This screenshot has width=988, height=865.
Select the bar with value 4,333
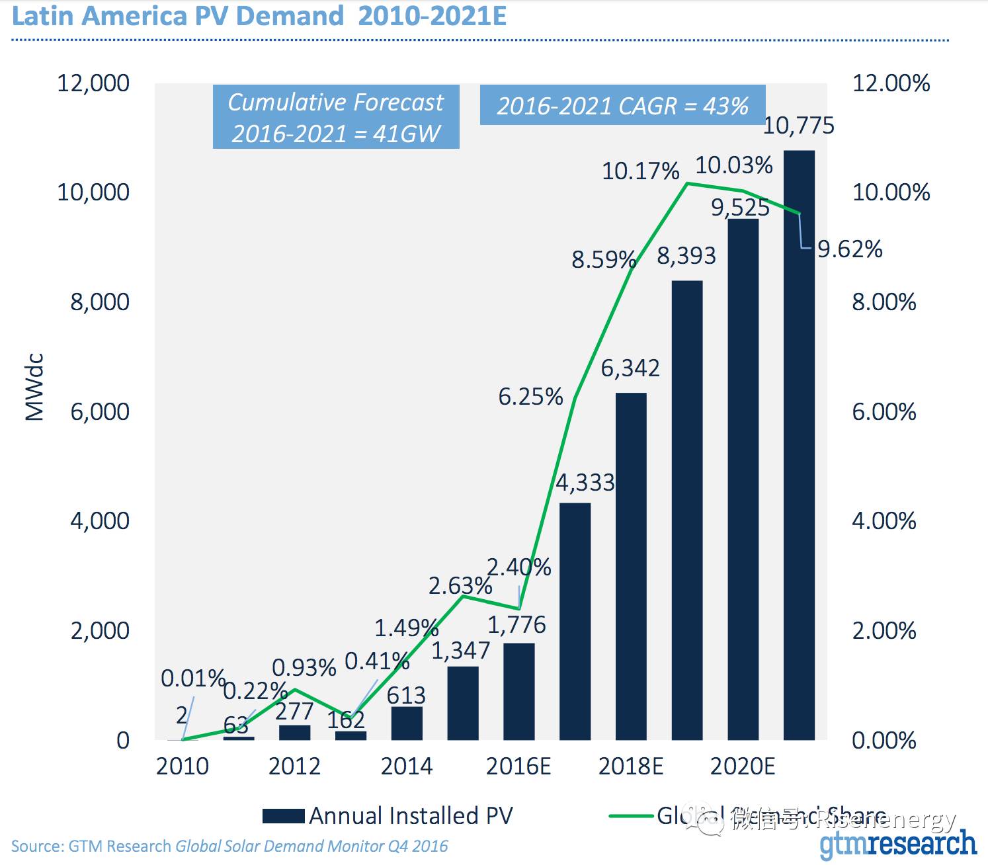(x=575, y=621)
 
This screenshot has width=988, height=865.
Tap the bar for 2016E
(x=518, y=691)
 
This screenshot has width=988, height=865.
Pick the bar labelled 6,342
(x=631, y=566)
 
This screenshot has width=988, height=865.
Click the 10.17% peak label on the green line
(x=640, y=171)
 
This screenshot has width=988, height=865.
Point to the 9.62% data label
(x=850, y=249)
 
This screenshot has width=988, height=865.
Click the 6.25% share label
(x=530, y=397)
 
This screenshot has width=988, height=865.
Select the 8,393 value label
(x=686, y=256)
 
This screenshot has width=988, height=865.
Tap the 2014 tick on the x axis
(x=406, y=766)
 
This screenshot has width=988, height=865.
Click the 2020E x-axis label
(x=743, y=766)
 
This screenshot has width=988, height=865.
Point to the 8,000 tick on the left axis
(x=100, y=302)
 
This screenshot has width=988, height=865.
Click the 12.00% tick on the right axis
(x=891, y=83)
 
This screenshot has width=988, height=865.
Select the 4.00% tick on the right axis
(x=884, y=521)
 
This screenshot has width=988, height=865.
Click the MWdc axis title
(x=34, y=387)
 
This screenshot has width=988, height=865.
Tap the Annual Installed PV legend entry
(x=388, y=816)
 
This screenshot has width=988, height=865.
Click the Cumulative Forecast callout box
(x=336, y=118)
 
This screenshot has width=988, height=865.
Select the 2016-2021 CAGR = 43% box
(x=622, y=106)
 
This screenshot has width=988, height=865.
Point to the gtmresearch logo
(x=897, y=845)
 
